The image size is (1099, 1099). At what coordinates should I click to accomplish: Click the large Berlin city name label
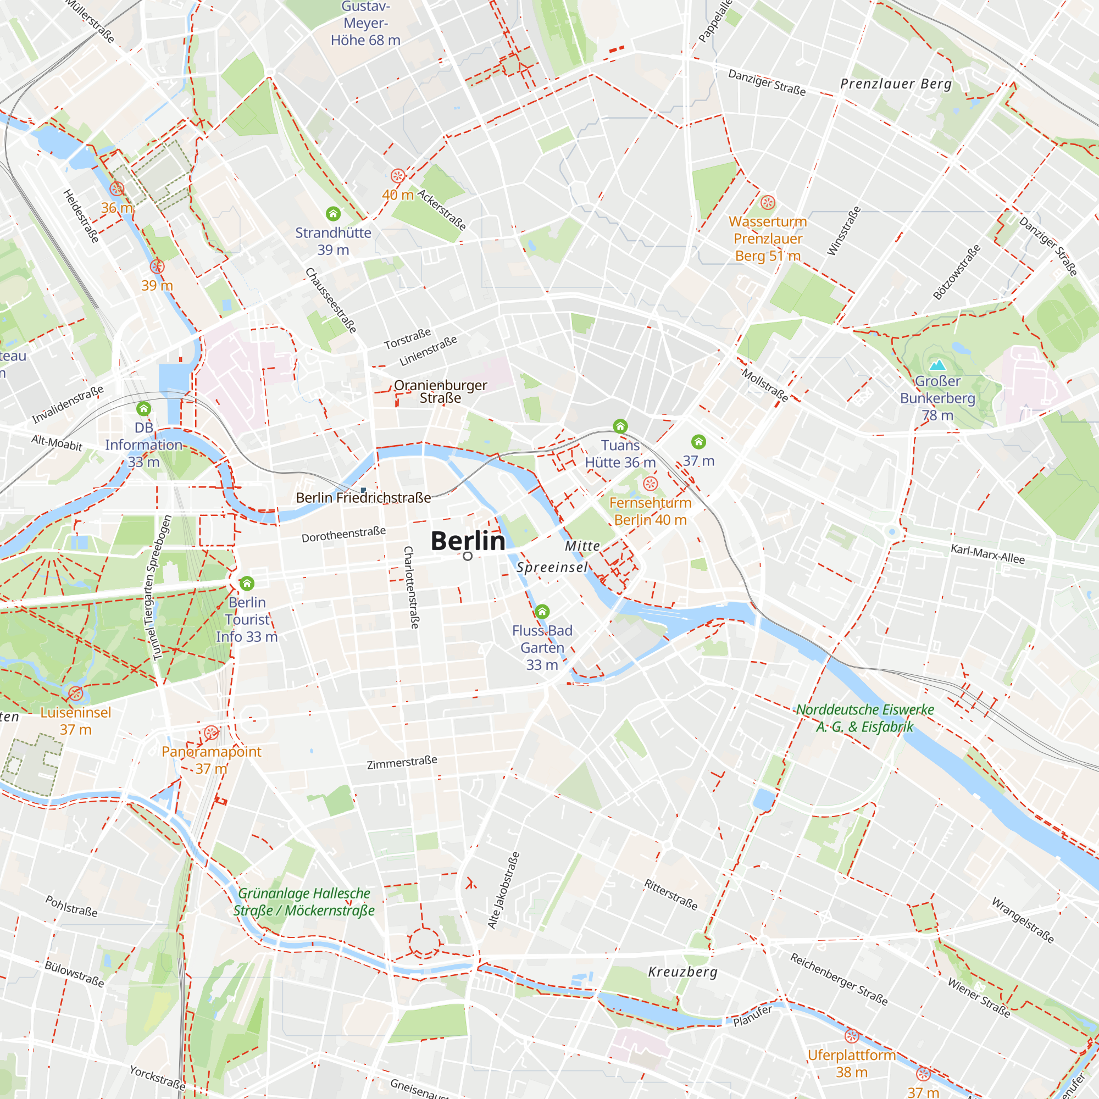coord(468,541)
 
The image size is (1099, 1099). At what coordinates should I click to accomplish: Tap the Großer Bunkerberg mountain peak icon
coord(937,364)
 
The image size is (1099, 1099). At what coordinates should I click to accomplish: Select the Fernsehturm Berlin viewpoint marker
coord(650,484)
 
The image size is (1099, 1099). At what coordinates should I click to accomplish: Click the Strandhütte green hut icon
coord(334,214)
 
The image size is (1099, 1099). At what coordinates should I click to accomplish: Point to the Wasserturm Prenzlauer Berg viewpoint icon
coord(768,203)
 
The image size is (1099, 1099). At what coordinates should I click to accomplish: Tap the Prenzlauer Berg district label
coord(896,84)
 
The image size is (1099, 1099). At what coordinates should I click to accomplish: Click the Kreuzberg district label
coord(682,972)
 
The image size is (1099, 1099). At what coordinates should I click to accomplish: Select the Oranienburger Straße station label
coord(440,391)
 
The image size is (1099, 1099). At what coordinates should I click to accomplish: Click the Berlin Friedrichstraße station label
coord(363,498)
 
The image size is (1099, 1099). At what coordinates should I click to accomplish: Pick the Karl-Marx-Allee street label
coord(987,554)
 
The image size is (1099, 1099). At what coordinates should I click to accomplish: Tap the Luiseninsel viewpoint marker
coord(76,693)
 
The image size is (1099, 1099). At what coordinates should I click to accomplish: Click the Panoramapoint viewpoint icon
coord(211,732)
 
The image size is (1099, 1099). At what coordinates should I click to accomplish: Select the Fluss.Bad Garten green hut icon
coord(542,612)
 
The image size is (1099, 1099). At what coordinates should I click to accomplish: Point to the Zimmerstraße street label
coord(402,763)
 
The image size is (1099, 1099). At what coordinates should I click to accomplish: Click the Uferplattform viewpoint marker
coord(852,1036)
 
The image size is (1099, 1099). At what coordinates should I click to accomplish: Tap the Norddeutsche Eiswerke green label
coord(864,718)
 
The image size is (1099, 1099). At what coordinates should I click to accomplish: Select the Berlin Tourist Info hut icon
coord(247,584)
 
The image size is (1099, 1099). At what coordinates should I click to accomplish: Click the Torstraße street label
coord(407,339)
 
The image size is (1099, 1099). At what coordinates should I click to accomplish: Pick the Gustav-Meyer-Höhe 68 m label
coord(365,24)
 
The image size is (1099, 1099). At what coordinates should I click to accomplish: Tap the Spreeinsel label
coord(552,567)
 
